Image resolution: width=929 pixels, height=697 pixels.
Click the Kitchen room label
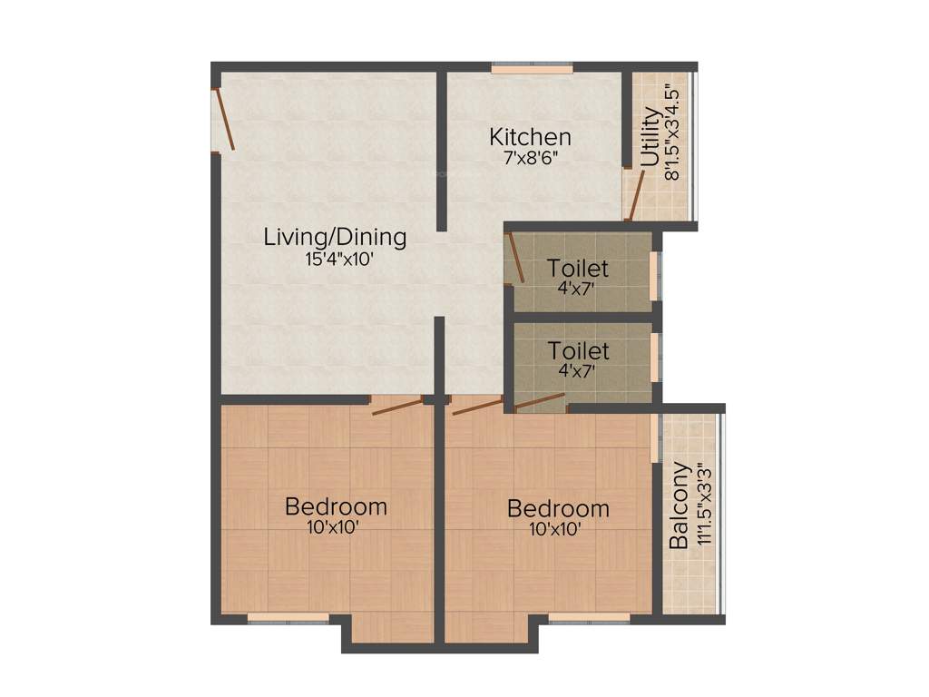click(530, 137)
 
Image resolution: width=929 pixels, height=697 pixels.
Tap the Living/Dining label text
click(335, 238)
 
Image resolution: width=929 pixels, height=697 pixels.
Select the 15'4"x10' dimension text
click(339, 259)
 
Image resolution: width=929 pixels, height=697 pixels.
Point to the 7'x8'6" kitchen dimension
click(530, 157)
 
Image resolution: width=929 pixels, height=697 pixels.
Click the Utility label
click(650, 138)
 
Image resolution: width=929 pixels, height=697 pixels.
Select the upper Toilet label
click(577, 269)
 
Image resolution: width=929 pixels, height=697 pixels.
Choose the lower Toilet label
click(578, 350)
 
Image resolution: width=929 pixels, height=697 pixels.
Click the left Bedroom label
click(336, 506)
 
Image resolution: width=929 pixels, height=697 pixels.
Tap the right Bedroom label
click(558, 507)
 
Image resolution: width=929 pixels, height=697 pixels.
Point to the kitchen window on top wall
click(533, 68)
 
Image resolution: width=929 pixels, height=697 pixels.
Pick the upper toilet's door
click(515, 258)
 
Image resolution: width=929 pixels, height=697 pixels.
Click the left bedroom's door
click(397, 405)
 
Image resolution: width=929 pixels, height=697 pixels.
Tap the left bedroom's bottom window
click(288, 618)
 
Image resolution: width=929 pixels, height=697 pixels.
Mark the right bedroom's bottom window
click(589, 618)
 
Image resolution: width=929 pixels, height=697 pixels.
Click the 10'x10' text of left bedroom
click(336, 525)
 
